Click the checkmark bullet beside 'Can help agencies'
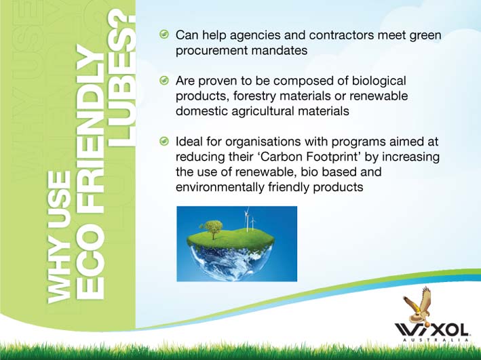164,35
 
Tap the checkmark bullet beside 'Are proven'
164,81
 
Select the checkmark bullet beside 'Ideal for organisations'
164,142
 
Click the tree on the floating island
211,229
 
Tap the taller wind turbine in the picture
247,218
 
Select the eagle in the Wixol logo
418,304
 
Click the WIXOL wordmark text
431,331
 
